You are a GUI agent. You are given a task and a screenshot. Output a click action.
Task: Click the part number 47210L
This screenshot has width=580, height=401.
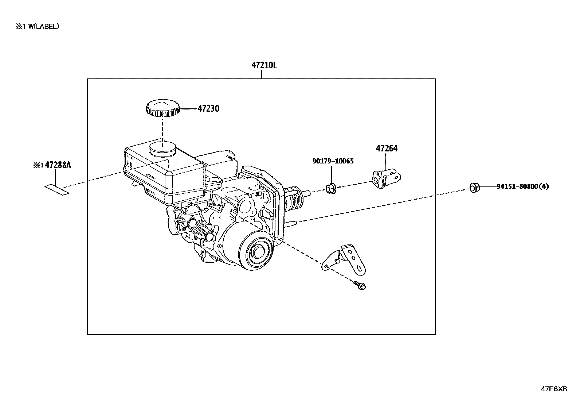point(264,65)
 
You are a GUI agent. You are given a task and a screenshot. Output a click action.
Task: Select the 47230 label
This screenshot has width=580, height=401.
point(208,108)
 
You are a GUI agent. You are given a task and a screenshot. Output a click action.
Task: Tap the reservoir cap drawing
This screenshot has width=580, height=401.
point(163,108)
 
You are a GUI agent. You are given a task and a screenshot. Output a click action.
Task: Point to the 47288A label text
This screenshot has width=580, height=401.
point(58,165)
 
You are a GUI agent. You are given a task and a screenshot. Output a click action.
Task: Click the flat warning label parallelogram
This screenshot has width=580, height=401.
point(57,190)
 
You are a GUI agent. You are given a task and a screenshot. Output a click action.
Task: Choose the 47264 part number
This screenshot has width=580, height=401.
point(387,149)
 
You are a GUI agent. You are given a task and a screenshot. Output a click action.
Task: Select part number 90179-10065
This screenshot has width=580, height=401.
point(333,161)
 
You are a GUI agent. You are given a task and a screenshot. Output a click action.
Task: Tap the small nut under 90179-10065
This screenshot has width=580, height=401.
point(331,188)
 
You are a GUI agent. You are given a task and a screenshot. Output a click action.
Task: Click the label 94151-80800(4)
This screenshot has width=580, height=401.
point(523,186)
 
